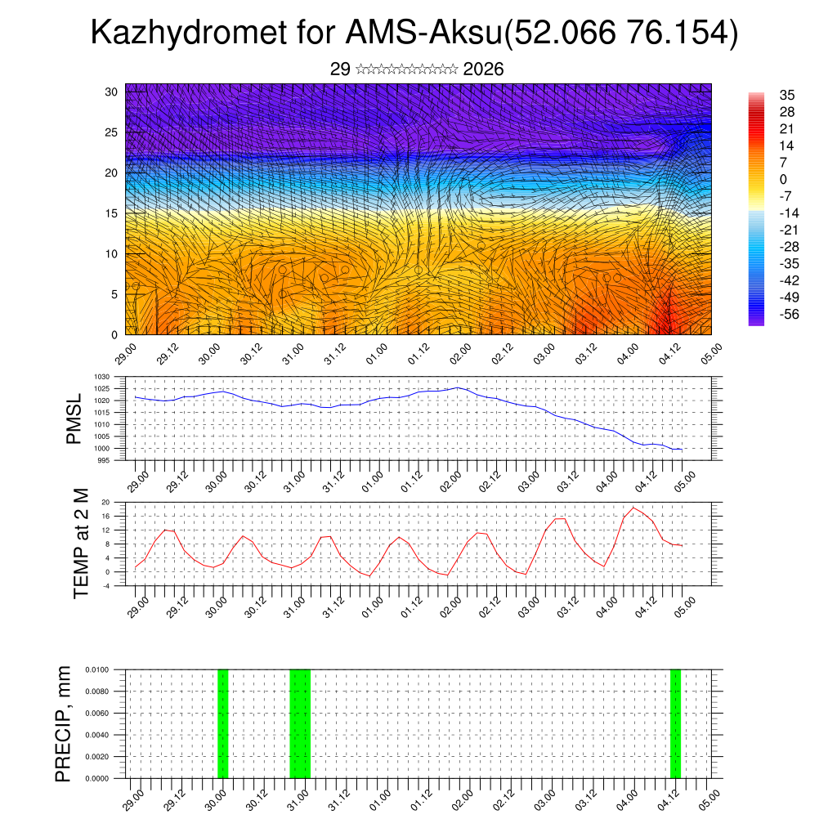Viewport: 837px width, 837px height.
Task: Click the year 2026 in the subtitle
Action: tap(483, 69)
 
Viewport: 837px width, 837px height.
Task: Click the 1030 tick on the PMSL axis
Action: tap(102, 377)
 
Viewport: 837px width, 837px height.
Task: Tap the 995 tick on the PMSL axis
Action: tap(105, 461)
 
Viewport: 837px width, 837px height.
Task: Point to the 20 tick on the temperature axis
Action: tap(105, 502)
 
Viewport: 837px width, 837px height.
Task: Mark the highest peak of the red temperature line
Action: tap(633, 508)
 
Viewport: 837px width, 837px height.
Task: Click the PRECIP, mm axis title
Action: tap(63, 723)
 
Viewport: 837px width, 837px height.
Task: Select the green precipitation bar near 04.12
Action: tap(675, 723)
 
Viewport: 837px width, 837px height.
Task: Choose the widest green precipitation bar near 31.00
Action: tap(300, 723)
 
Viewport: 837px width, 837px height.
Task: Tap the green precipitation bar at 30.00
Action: tap(222, 723)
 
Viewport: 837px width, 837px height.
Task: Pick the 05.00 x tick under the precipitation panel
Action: tap(709, 798)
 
